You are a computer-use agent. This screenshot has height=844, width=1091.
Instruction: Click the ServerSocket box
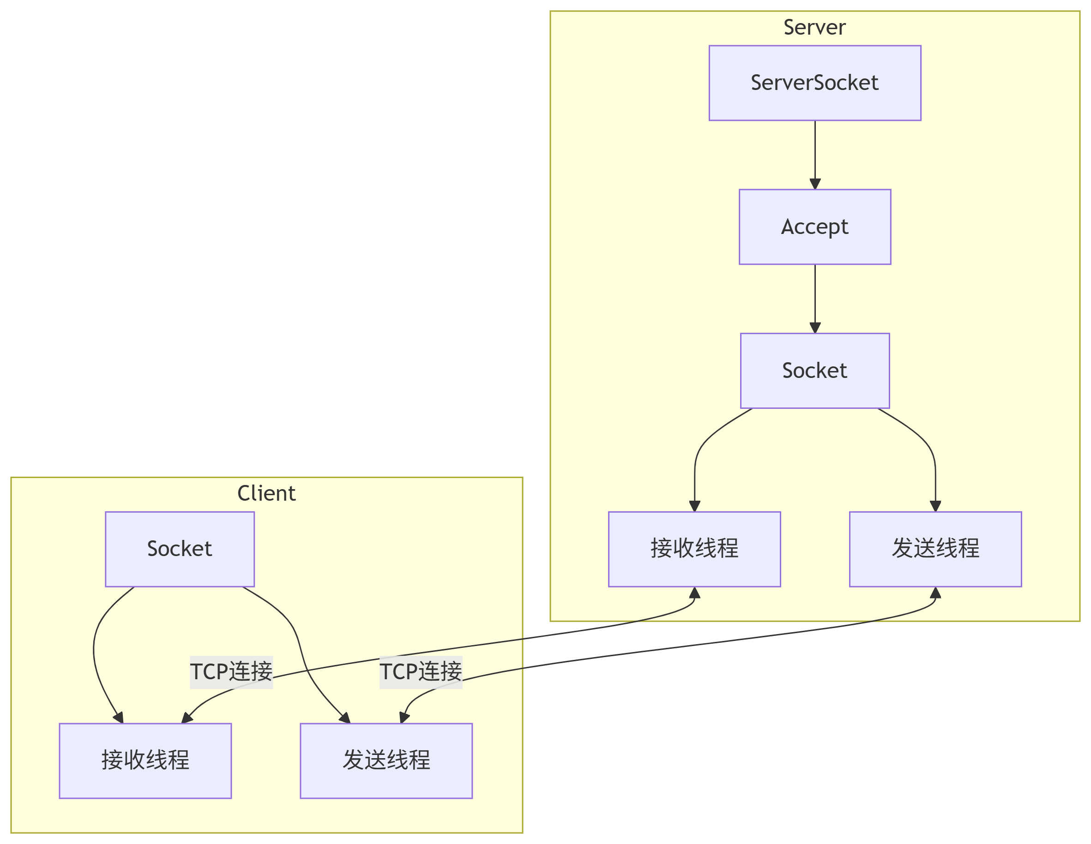pyautogui.click(x=815, y=83)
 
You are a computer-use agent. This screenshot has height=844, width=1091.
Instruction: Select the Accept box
pyautogui.click(x=815, y=227)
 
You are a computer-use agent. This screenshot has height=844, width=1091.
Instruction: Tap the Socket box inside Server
pyautogui.click(x=815, y=371)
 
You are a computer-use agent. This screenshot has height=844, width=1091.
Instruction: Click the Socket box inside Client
pyautogui.click(x=180, y=549)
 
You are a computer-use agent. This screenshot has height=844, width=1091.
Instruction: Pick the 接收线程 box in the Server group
pyautogui.click(x=694, y=549)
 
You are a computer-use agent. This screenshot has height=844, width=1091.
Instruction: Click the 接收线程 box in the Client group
pyautogui.click(x=145, y=760)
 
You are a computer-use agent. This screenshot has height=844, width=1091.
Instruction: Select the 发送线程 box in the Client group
pyautogui.click(x=386, y=760)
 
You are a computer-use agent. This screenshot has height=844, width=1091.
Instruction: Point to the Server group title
pyautogui.click(x=814, y=27)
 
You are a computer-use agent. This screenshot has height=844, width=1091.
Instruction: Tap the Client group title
pyautogui.click(x=266, y=493)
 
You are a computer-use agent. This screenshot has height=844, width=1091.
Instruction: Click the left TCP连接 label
pyautogui.click(x=231, y=672)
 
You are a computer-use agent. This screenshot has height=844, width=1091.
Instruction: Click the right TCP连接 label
pyautogui.click(x=421, y=672)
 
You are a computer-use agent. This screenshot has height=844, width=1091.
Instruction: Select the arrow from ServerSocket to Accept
pyautogui.click(x=815, y=152)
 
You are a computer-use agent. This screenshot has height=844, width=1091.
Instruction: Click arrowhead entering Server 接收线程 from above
pyautogui.click(x=694, y=506)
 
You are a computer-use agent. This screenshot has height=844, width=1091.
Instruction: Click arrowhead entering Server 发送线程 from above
pyautogui.click(x=936, y=506)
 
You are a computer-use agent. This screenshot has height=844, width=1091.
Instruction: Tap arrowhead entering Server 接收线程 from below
pyautogui.click(x=694, y=593)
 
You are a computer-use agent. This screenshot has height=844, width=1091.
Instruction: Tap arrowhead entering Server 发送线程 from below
pyautogui.click(x=936, y=593)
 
